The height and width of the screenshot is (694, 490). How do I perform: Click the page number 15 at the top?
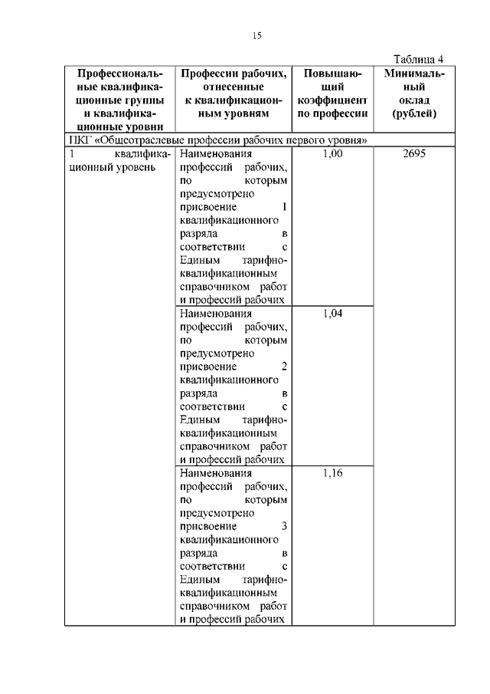point(256,35)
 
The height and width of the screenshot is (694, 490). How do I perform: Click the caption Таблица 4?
point(418,59)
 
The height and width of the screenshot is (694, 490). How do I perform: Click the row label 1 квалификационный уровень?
point(119,160)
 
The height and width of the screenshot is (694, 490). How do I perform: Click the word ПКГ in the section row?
point(80,140)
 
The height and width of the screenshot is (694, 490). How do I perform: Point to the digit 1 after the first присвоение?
point(284,208)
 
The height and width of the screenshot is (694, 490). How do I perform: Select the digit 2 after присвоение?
point(284,367)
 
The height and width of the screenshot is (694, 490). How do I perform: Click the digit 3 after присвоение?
point(284,526)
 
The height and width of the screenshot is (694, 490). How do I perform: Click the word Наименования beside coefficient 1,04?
point(214,313)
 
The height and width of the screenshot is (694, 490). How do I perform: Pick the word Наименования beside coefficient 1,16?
point(214,472)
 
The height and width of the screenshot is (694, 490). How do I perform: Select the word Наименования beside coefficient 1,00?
point(214,153)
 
